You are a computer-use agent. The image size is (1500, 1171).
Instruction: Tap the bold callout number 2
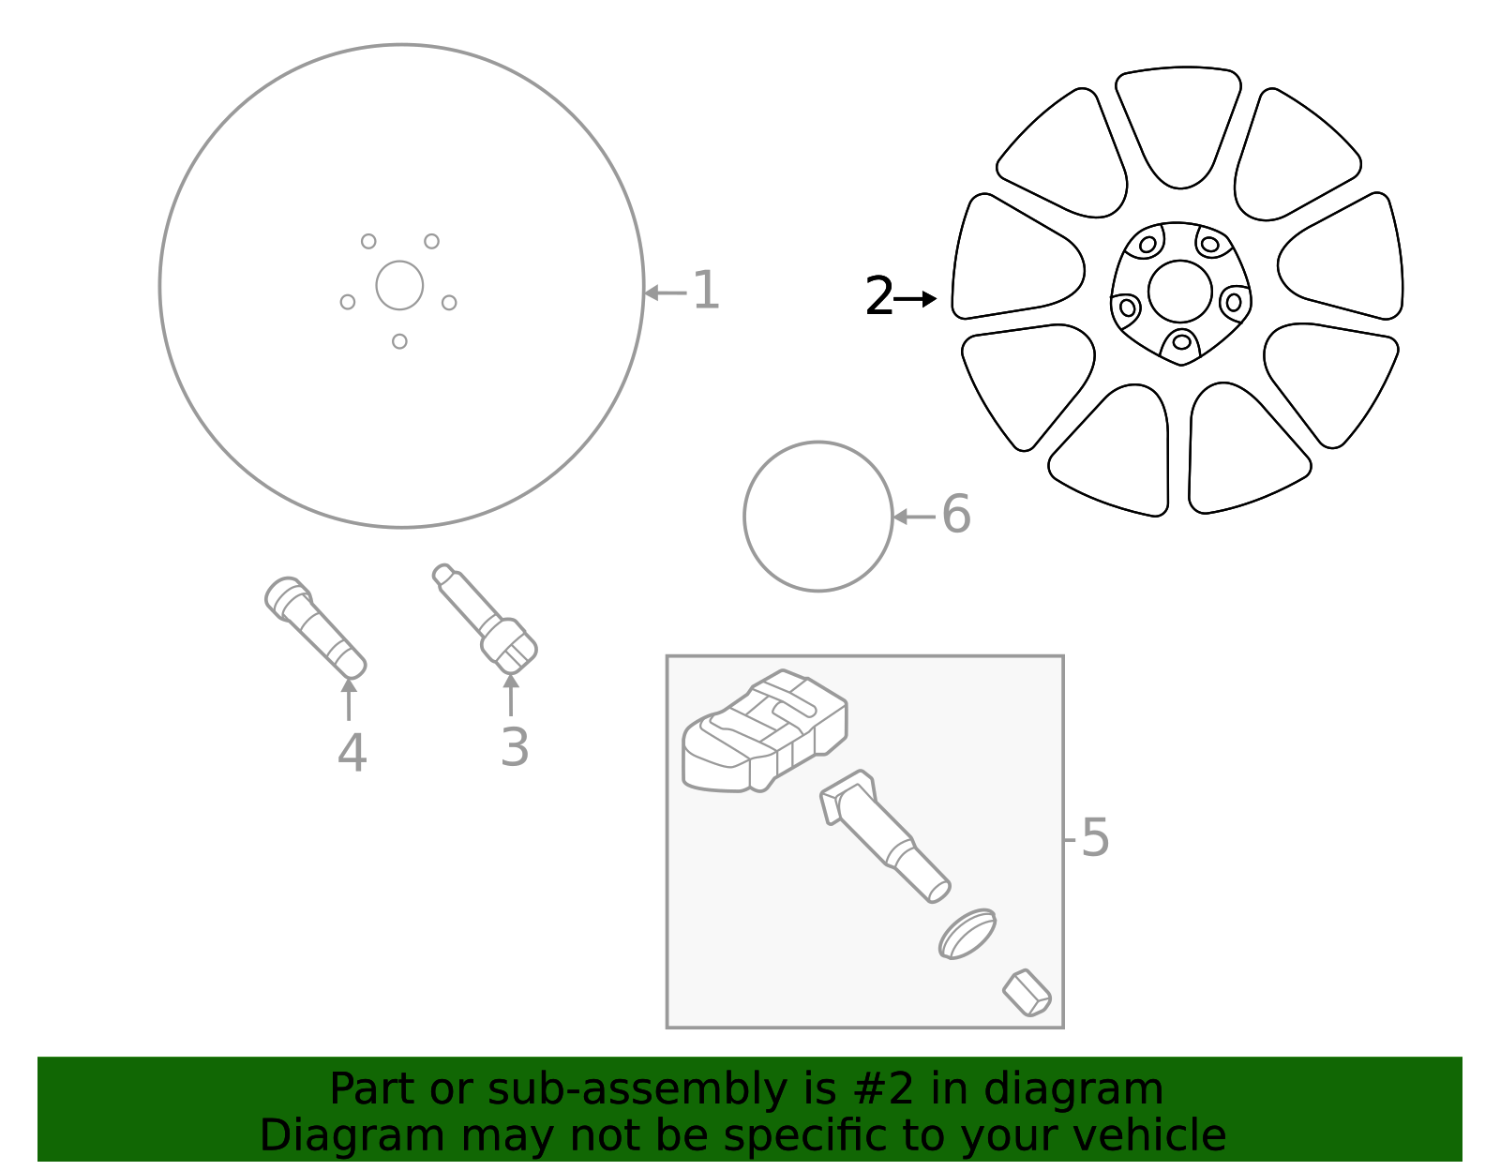(x=879, y=297)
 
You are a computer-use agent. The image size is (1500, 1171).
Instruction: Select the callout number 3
(x=515, y=747)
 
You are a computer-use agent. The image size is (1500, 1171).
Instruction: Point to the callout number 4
(x=352, y=753)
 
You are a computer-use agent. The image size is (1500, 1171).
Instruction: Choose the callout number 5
(x=1095, y=837)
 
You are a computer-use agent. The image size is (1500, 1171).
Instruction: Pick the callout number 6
(x=956, y=515)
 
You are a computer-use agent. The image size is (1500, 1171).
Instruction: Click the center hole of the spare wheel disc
(x=399, y=285)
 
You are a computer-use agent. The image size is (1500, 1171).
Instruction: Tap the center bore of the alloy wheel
(x=1179, y=292)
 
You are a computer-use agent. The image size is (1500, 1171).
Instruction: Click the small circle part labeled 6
(x=817, y=517)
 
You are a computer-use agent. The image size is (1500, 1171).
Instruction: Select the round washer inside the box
(x=967, y=934)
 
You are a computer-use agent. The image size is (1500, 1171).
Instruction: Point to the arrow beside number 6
(x=913, y=517)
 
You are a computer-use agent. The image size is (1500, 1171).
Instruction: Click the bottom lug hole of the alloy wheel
(x=1181, y=342)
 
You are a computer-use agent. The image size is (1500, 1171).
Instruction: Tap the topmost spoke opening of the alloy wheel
(x=1178, y=127)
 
